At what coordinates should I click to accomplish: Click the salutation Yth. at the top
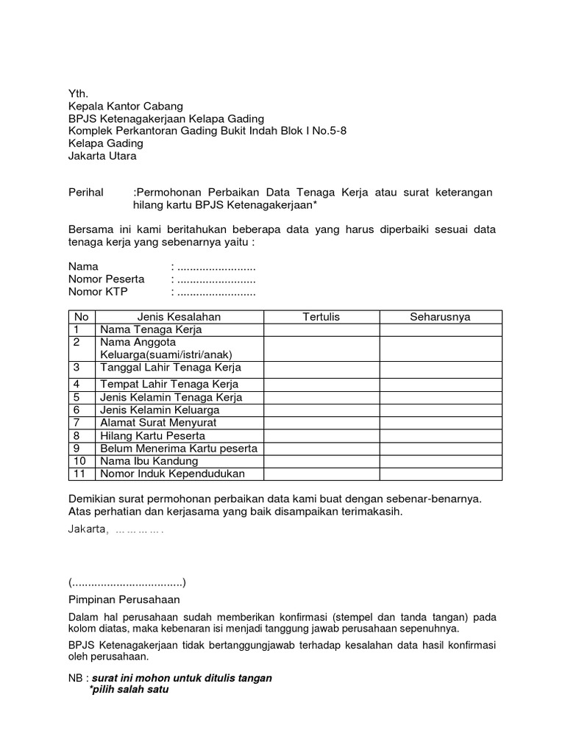77,93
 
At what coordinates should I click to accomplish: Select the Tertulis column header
321,317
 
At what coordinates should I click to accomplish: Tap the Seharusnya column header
440,317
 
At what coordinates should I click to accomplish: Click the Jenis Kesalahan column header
179,317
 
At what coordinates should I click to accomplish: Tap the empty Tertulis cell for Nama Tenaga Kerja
321,330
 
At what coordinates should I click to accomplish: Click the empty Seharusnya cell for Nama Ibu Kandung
440,461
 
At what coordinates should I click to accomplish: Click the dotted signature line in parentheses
127,582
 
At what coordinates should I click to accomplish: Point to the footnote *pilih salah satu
129,690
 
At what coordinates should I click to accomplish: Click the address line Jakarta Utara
102,156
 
